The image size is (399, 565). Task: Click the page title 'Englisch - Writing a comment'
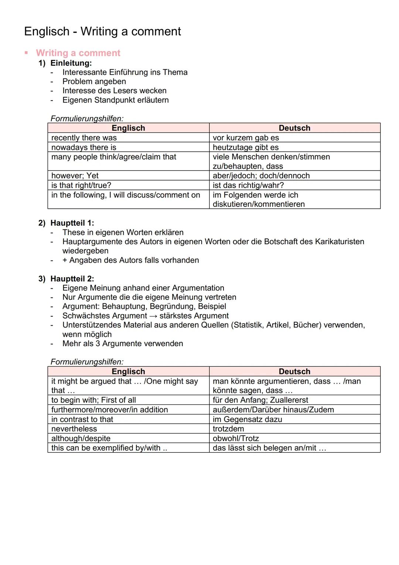tap(102, 31)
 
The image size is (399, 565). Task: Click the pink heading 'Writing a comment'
tap(78, 53)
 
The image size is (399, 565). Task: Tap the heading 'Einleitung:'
tap(71, 63)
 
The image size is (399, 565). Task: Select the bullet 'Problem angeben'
tap(94, 81)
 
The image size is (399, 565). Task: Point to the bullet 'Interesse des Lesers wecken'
tap(114, 91)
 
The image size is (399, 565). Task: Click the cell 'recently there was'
tap(84, 138)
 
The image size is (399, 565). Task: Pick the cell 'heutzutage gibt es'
tap(245, 147)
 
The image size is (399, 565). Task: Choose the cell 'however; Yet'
tap(75, 176)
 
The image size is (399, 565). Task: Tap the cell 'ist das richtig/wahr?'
tap(248, 185)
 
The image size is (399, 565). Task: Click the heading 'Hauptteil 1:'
tap(72, 223)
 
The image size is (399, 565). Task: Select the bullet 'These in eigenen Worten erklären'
tap(123, 232)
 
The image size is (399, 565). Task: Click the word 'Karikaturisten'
tap(340, 242)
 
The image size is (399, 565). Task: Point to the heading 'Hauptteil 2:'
tap(72, 279)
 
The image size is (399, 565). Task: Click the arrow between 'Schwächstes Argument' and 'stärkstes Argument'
tap(153, 316)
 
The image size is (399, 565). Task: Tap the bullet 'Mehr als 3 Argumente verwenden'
tap(122, 343)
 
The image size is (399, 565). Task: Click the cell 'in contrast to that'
tap(82, 419)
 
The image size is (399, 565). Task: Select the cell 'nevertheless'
tap(74, 429)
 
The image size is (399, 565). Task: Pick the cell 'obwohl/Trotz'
tap(236, 438)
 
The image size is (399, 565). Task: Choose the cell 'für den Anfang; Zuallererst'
tap(260, 400)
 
